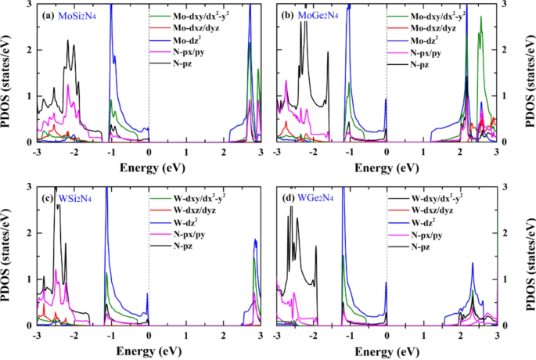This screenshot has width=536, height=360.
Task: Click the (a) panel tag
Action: click(48, 16)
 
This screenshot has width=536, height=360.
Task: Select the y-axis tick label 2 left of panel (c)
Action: click(28, 233)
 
